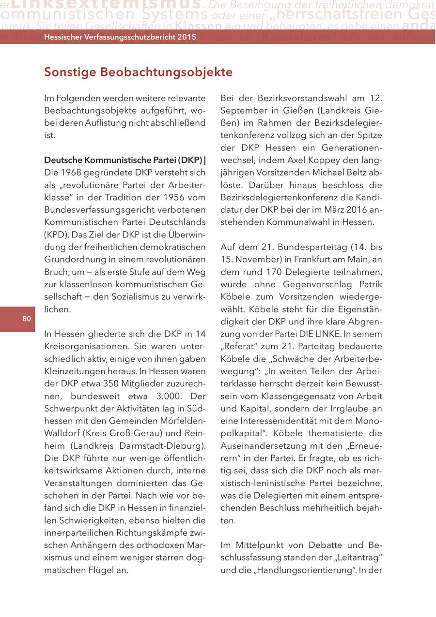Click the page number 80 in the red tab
[x=26, y=319]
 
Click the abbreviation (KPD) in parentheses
[x=55, y=234]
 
